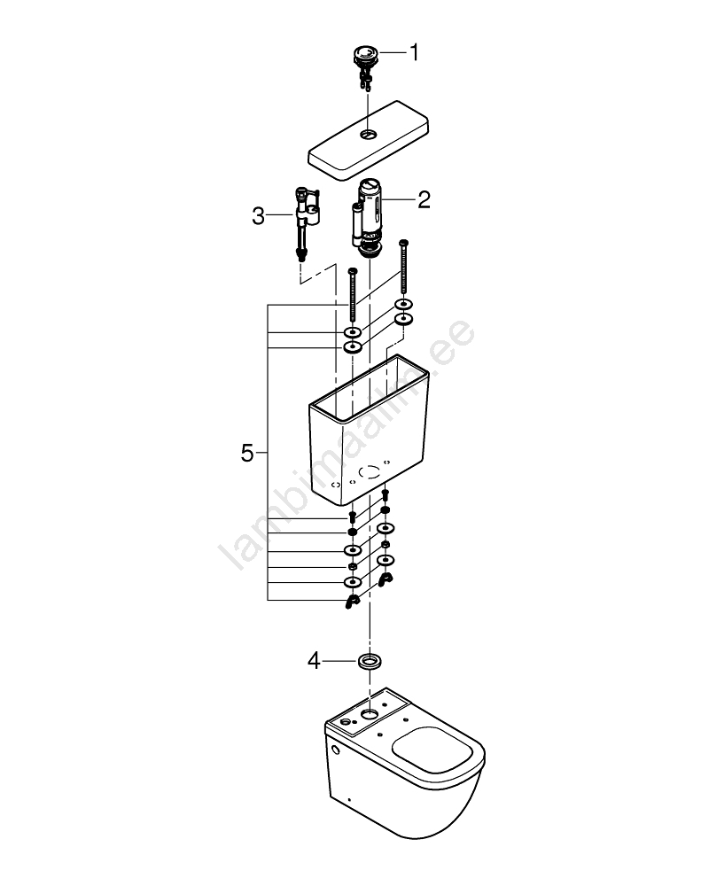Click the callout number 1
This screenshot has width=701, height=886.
pyautogui.click(x=414, y=52)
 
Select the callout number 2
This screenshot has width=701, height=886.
pyautogui.click(x=424, y=199)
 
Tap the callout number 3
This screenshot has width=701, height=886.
pyautogui.click(x=258, y=215)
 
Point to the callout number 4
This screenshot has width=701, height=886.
pyautogui.click(x=315, y=660)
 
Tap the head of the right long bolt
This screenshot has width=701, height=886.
pyautogui.click(x=404, y=243)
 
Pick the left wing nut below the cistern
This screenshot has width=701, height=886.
pyautogui.click(x=352, y=602)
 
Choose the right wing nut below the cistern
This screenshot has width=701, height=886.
pyautogui.click(x=385, y=579)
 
